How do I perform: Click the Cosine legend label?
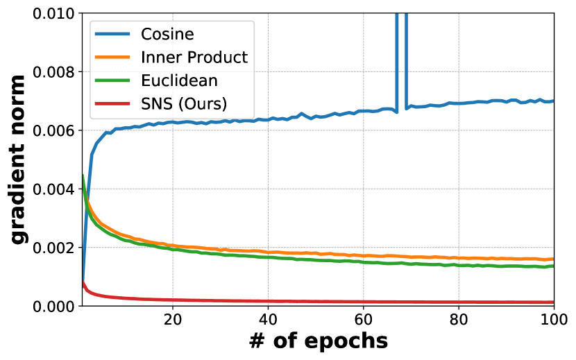[167, 33]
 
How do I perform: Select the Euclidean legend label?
[179, 80]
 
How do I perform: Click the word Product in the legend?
[216, 57]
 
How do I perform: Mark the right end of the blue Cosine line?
[552, 101]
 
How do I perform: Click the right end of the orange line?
[552, 259]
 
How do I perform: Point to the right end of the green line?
[552, 266]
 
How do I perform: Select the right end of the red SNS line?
[552, 302]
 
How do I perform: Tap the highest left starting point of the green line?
[83, 175]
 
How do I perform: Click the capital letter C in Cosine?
[146, 33]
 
